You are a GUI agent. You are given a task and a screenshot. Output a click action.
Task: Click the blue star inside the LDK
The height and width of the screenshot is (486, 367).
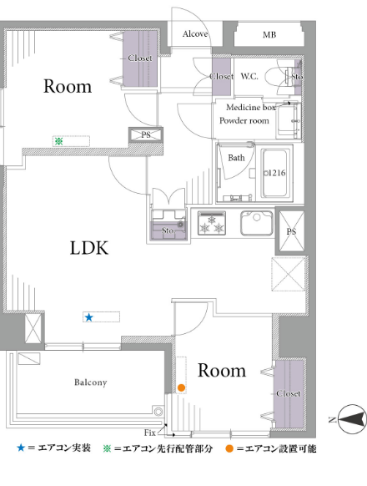point(89,317)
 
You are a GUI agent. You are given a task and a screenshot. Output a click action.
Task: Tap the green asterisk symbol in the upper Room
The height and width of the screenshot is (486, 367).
point(59,141)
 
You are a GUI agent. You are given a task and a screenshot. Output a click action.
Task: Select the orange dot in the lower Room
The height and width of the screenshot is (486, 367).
point(181,387)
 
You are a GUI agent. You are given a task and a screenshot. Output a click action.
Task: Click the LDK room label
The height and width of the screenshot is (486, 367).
point(89,248)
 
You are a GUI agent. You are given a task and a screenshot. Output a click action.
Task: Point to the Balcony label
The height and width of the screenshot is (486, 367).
point(90,382)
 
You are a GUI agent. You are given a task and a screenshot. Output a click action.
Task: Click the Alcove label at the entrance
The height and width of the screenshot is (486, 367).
point(195,33)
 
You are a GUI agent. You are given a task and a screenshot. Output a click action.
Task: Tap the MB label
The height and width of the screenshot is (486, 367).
point(269,35)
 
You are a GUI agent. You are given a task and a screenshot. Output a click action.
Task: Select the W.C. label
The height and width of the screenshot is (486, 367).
point(249,76)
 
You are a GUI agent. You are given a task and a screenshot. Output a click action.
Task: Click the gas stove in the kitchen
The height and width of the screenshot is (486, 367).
point(212,223)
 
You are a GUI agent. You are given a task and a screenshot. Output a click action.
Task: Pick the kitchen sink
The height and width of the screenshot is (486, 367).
point(257,223)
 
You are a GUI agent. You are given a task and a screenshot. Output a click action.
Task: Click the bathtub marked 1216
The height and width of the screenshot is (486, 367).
point(275,173)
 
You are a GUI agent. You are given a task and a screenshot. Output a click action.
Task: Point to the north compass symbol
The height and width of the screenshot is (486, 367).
point(352,419)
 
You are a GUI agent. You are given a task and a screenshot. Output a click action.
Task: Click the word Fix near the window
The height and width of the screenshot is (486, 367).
point(150,433)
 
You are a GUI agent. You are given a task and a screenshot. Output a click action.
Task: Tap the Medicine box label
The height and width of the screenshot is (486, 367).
point(251,107)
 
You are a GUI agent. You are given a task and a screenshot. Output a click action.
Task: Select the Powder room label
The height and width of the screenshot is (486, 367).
point(244,120)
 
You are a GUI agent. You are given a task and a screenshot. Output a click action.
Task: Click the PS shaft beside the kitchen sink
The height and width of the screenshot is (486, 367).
point(291,231)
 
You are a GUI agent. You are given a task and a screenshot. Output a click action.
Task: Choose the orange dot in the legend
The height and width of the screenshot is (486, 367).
point(229,448)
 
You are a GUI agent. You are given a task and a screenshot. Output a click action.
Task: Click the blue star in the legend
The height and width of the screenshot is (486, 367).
point(21,448)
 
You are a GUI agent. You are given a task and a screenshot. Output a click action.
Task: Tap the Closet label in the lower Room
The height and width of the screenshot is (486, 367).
point(289,393)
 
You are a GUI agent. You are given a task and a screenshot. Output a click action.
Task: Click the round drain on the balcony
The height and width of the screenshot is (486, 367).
point(158,412)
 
